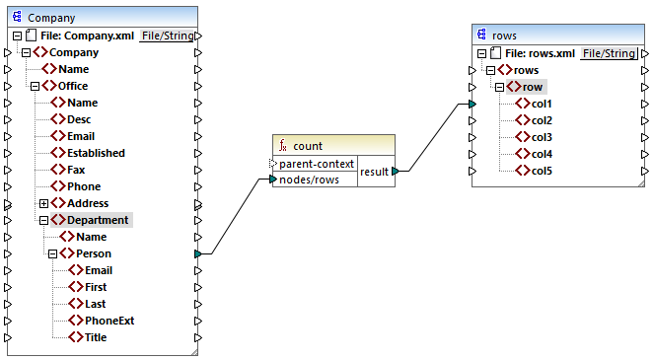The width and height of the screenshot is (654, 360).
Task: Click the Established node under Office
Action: (x=96, y=153)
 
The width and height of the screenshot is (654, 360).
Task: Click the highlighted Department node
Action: (x=97, y=220)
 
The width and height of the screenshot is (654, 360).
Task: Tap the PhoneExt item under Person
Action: (x=109, y=321)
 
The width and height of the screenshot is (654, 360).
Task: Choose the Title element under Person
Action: (x=96, y=337)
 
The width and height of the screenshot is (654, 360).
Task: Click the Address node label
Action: (x=89, y=203)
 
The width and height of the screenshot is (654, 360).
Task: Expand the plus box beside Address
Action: (x=43, y=203)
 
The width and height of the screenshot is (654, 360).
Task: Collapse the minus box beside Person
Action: (x=52, y=253)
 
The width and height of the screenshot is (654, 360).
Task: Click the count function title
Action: (x=307, y=146)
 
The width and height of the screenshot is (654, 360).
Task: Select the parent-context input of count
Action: (x=316, y=163)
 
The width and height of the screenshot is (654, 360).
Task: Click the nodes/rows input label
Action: (x=311, y=179)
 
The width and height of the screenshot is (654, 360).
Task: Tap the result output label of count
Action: (x=374, y=171)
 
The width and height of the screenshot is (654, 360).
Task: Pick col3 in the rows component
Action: (x=542, y=137)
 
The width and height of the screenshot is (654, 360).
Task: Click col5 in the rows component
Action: (x=542, y=171)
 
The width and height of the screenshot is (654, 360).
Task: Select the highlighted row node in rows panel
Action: (x=533, y=87)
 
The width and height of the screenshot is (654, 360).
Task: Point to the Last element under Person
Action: (x=96, y=304)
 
